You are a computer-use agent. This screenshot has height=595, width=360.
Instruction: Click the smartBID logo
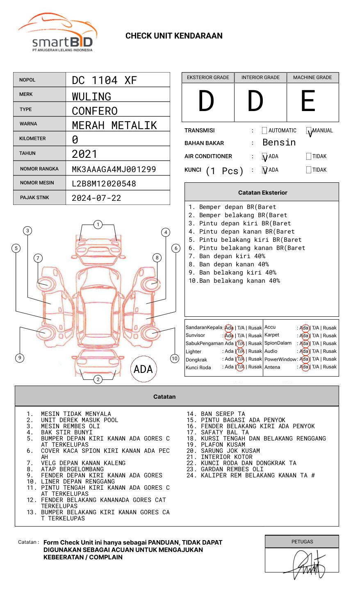pos(57,33)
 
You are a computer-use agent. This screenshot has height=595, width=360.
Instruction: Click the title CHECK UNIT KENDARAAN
pos(174,36)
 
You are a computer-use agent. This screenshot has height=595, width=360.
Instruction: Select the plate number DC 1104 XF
pos(104,80)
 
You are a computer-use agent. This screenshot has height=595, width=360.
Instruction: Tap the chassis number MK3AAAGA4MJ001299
pos(114,169)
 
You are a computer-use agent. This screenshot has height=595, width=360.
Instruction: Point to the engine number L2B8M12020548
pos(104,184)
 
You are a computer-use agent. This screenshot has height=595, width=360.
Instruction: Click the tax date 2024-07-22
pos(96,198)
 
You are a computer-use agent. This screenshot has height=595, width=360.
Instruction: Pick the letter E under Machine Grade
pos(308,101)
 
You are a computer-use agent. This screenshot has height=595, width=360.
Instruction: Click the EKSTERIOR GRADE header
pos(208,77)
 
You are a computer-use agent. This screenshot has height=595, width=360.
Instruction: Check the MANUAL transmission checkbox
pos(309,131)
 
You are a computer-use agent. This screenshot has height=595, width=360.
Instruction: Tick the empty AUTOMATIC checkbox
pos(264,131)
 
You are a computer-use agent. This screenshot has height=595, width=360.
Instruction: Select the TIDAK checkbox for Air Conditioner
pos(309,157)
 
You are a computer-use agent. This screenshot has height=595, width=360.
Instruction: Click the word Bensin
pos(279,143)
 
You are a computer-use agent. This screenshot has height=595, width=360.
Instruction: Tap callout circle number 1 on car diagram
pos(98,225)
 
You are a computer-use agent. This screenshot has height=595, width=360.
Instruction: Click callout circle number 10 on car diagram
pos(175,359)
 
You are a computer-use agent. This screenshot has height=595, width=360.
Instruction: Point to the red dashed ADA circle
pos(143,369)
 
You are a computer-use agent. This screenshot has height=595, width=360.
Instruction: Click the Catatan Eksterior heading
pos(262,193)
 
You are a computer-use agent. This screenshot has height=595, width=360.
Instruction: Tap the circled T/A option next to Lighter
pos(240,351)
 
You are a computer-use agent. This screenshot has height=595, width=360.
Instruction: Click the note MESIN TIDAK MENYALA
pos(76,414)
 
